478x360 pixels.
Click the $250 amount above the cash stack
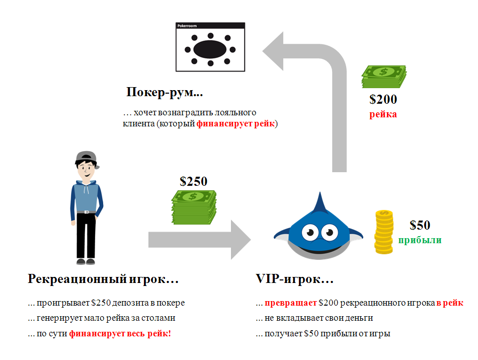pyautogui.click(x=194, y=182)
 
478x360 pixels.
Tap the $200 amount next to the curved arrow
pyautogui.click(x=383, y=100)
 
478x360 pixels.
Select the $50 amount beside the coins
pyautogui.click(x=420, y=225)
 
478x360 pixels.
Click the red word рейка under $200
pyautogui.click(x=383, y=114)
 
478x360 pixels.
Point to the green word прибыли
pyautogui.click(x=420, y=240)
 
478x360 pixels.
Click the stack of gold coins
pyautogui.click(x=384, y=232)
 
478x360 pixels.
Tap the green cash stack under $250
pyautogui.click(x=194, y=207)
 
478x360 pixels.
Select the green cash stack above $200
pyautogui.click(x=384, y=77)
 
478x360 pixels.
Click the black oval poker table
pyautogui.click(x=210, y=49)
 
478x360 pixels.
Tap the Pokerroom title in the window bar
pyautogui.click(x=187, y=26)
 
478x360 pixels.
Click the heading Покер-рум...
pyautogui.click(x=165, y=92)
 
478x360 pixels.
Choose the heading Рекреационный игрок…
pyautogui.click(x=103, y=279)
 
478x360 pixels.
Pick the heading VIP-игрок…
pyautogui.click(x=294, y=279)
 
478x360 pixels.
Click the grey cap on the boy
pyautogui.click(x=87, y=157)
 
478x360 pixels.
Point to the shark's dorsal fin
pyautogui.click(x=320, y=203)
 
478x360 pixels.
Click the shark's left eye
pyautogui.click(x=310, y=233)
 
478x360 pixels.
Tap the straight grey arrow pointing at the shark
pyautogui.click(x=200, y=240)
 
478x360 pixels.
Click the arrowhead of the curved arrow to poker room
pyautogui.click(x=273, y=51)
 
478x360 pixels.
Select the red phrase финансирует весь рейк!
pyautogui.click(x=120, y=334)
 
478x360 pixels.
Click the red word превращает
pyautogui.click(x=290, y=303)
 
